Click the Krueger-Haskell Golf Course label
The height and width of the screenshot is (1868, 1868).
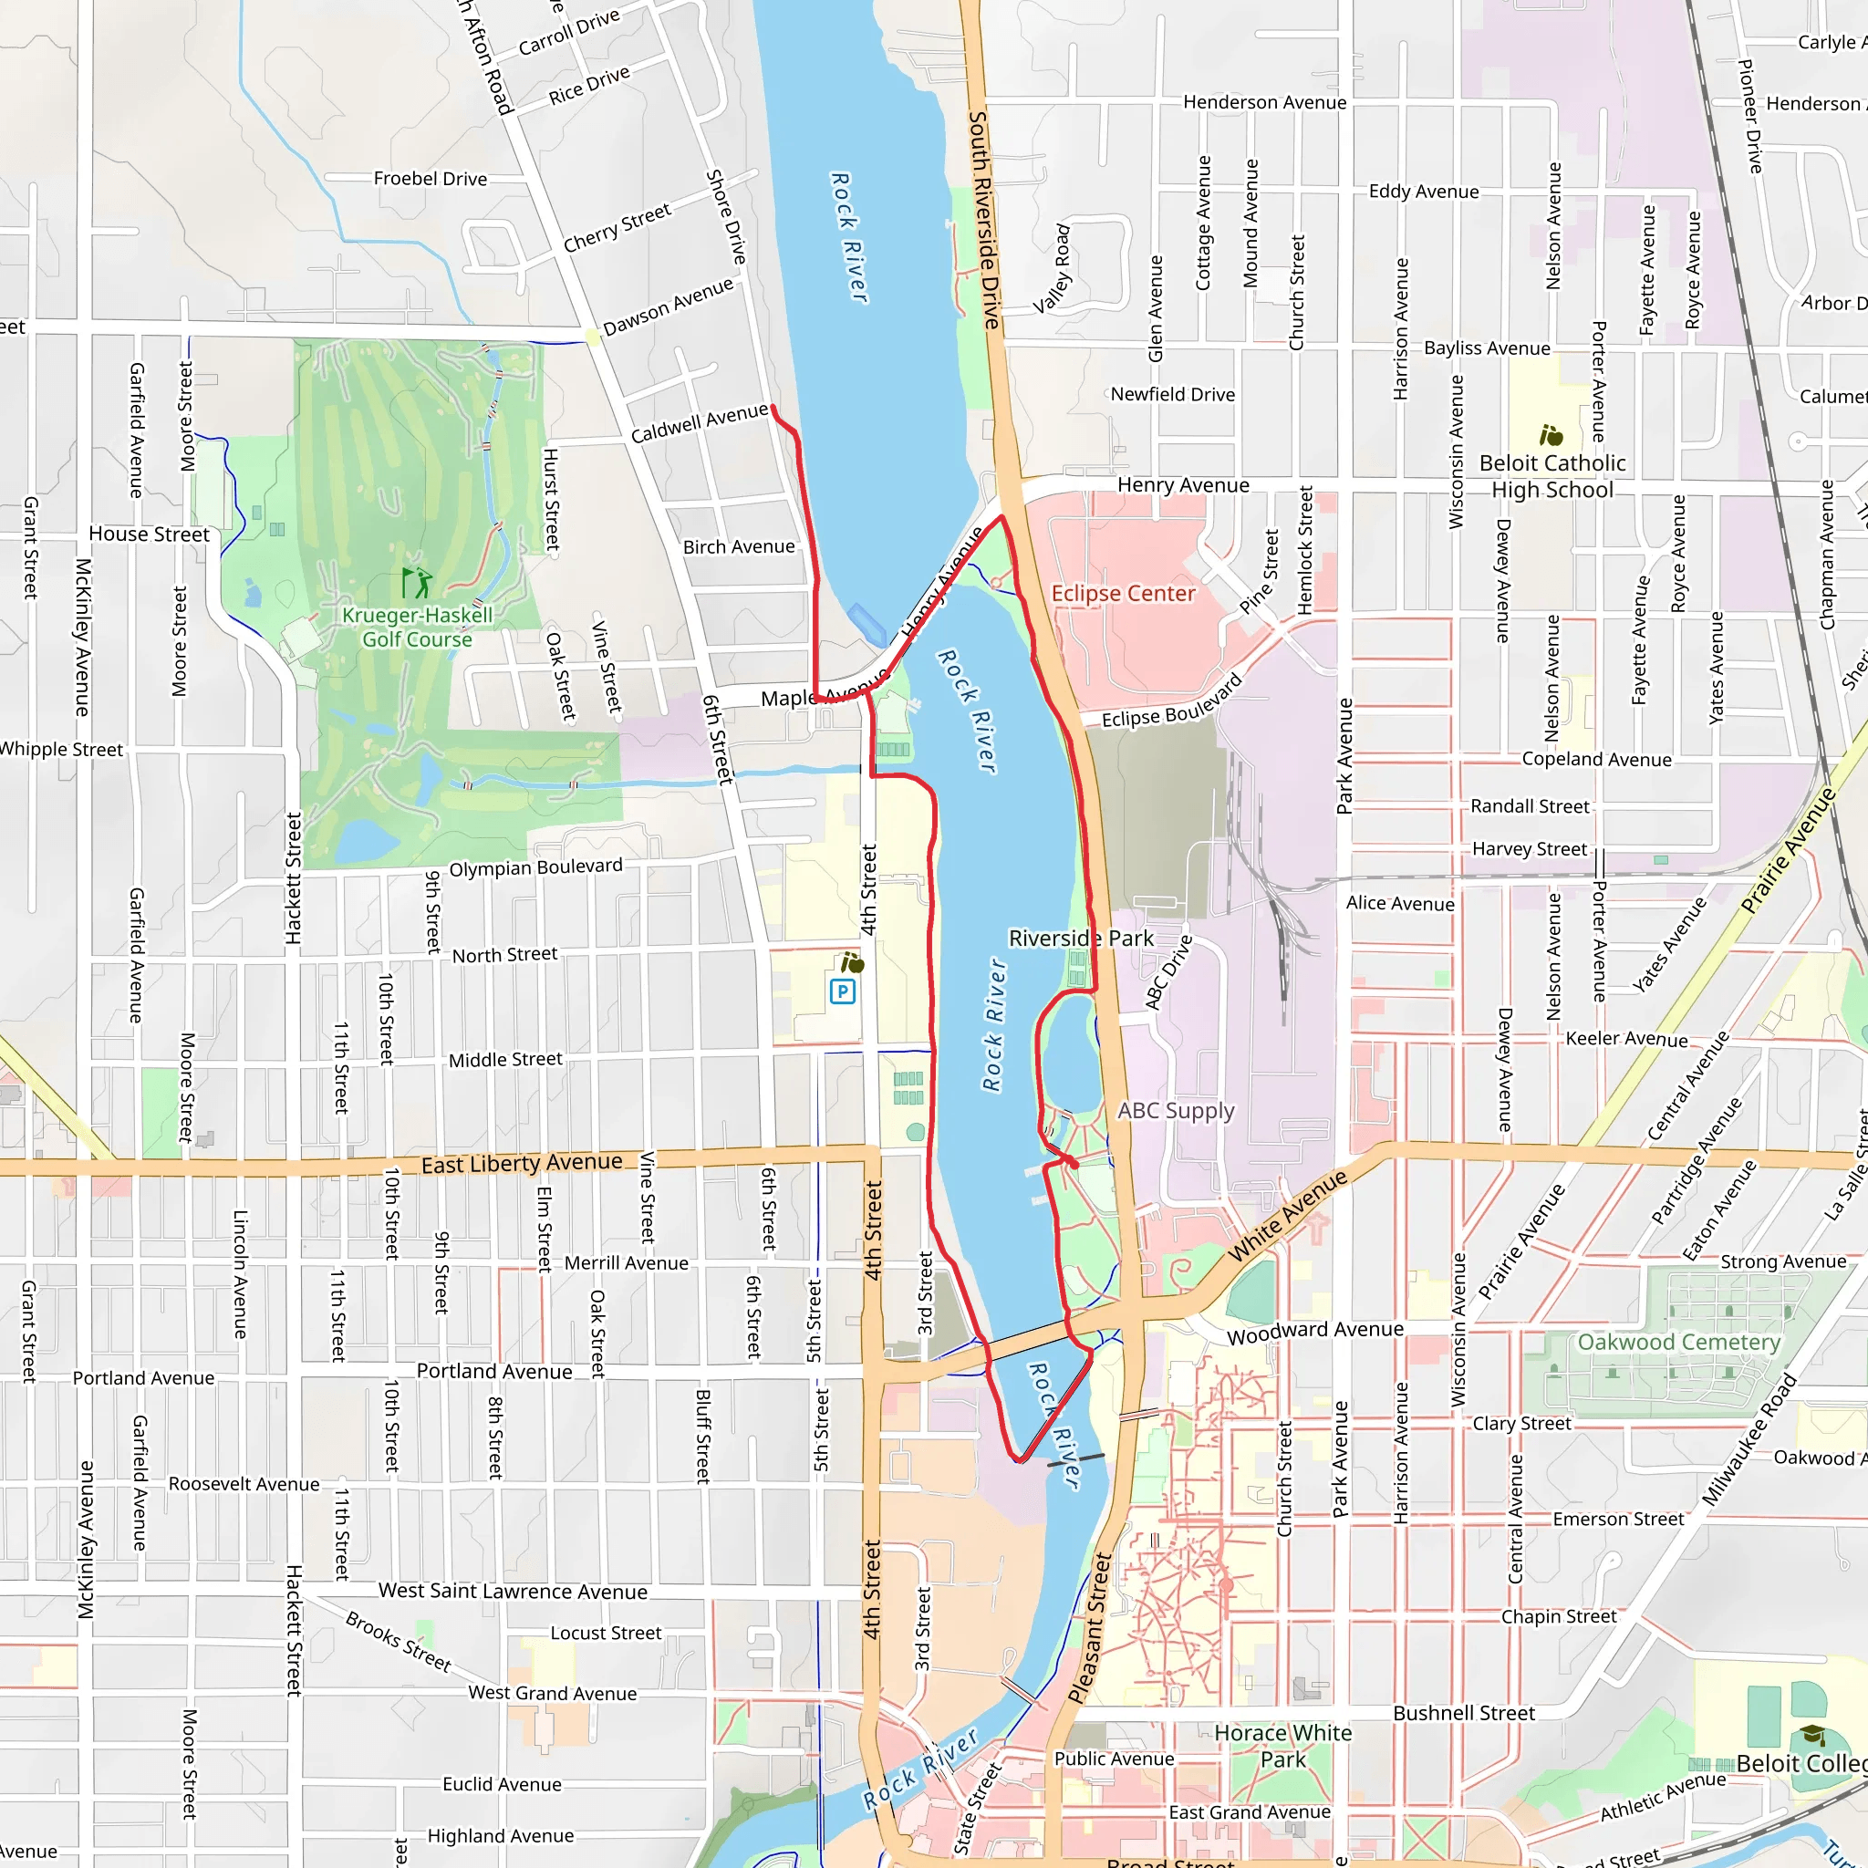pyautogui.click(x=417, y=627)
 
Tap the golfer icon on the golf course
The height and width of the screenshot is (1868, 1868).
pyautogui.click(x=416, y=583)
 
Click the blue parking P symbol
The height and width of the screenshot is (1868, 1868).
pyautogui.click(x=842, y=991)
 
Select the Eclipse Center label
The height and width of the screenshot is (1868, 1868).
pyautogui.click(x=1123, y=593)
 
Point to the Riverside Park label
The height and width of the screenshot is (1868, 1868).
pyautogui.click(x=1080, y=938)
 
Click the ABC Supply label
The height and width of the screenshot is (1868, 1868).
pyautogui.click(x=1176, y=1110)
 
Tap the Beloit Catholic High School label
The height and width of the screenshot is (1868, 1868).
pyautogui.click(x=1551, y=476)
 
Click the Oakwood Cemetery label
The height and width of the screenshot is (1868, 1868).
pyautogui.click(x=1678, y=1342)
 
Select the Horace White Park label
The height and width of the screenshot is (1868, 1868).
pyautogui.click(x=1283, y=1745)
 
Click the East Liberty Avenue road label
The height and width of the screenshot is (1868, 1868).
pyautogui.click(x=521, y=1163)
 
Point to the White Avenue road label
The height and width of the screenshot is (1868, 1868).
pyautogui.click(x=1287, y=1215)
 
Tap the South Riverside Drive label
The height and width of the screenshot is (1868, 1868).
pyautogui.click(x=983, y=220)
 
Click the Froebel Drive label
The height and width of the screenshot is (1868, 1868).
pyautogui.click(x=431, y=178)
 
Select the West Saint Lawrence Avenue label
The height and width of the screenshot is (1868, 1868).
pyautogui.click(x=513, y=1591)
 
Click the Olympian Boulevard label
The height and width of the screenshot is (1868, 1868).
pyautogui.click(x=535, y=867)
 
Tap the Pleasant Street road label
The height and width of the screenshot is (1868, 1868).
pyautogui.click(x=1091, y=1628)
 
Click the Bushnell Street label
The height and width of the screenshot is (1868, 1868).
pyautogui.click(x=1463, y=1712)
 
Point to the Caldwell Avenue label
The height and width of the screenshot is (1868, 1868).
pyautogui.click(x=699, y=423)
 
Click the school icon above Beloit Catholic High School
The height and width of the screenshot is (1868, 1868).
pyautogui.click(x=1551, y=434)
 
